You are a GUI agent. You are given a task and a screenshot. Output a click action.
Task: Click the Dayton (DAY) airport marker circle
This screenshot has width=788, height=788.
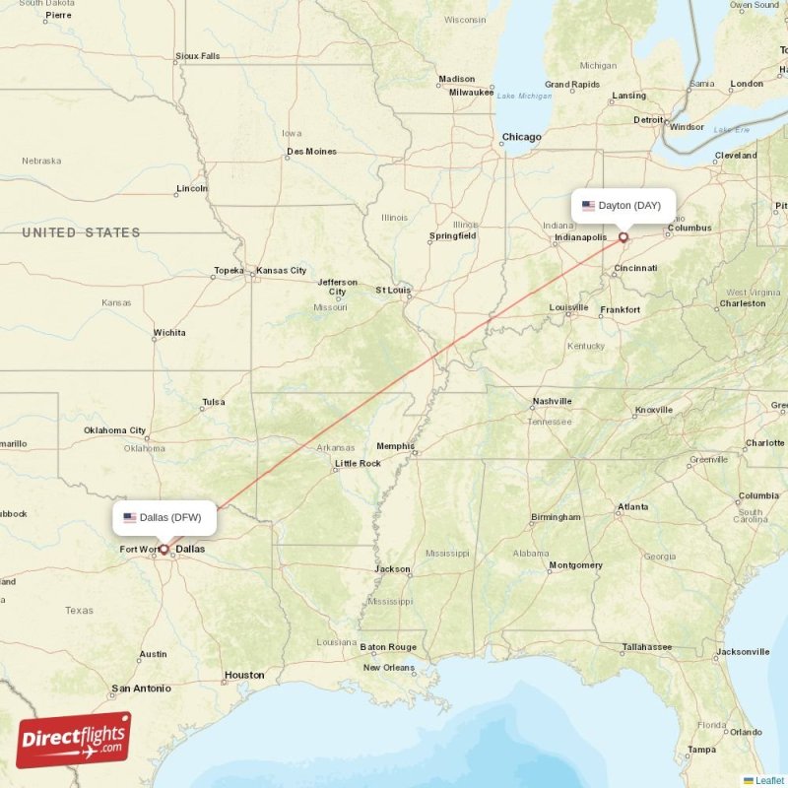click(x=623, y=236)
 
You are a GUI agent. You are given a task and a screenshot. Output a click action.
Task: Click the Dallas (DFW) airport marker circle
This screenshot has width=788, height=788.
click(x=164, y=549)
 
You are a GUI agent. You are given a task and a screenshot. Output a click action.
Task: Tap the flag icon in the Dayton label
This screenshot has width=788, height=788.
click(x=588, y=206)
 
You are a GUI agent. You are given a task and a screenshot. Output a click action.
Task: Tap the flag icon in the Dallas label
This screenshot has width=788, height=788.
click(x=129, y=517)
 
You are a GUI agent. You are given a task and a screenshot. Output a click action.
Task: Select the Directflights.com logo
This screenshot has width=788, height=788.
click(x=74, y=740)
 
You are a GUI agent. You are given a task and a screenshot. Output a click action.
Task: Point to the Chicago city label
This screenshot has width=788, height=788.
click(x=521, y=137)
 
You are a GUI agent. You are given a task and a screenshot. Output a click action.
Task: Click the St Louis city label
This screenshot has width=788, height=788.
click(x=393, y=291)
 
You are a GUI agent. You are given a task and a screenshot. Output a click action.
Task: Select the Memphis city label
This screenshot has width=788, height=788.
click(x=395, y=446)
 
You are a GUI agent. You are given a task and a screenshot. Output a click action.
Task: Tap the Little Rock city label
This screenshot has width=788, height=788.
click(x=358, y=463)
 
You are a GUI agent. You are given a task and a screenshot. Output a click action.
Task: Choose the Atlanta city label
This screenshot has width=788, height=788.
click(x=632, y=507)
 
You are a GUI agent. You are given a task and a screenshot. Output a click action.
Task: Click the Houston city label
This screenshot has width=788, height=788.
click(x=243, y=675)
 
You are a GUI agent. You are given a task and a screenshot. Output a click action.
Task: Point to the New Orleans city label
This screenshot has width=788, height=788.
click(x=388, y=667)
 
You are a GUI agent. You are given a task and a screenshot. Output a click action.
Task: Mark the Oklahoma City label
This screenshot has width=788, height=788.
click(x=114, y=430)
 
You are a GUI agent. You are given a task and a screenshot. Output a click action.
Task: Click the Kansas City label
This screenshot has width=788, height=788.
click(x=281, y=270)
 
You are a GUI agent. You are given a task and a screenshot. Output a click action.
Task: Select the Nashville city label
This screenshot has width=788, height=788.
click(x=552, y=401)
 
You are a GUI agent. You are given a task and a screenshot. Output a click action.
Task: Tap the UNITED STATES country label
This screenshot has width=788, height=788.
click(x=82, y=232)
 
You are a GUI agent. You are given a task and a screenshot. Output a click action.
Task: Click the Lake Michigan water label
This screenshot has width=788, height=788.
click(x=524, y=96)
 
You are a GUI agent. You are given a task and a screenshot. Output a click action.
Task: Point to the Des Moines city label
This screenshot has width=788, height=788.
click(x=311, y=152)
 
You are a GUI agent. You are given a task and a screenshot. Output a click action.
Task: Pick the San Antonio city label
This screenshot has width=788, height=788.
click(x=141, y=689)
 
